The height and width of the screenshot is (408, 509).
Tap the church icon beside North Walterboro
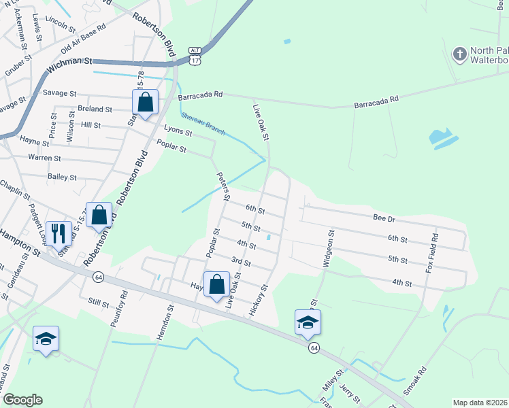coord(460,54)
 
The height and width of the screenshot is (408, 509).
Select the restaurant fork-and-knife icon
coord(59,233)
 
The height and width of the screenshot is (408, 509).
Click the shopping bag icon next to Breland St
coord(145,103)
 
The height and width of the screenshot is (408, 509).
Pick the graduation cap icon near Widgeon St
coord(308,322)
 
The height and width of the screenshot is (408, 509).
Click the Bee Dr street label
coord(384,218)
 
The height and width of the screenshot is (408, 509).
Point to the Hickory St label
coord(261,295)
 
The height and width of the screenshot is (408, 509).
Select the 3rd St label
coord(241,261)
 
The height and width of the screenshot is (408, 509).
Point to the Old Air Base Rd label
coord(84,39)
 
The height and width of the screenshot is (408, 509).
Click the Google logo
coord(22,400)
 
